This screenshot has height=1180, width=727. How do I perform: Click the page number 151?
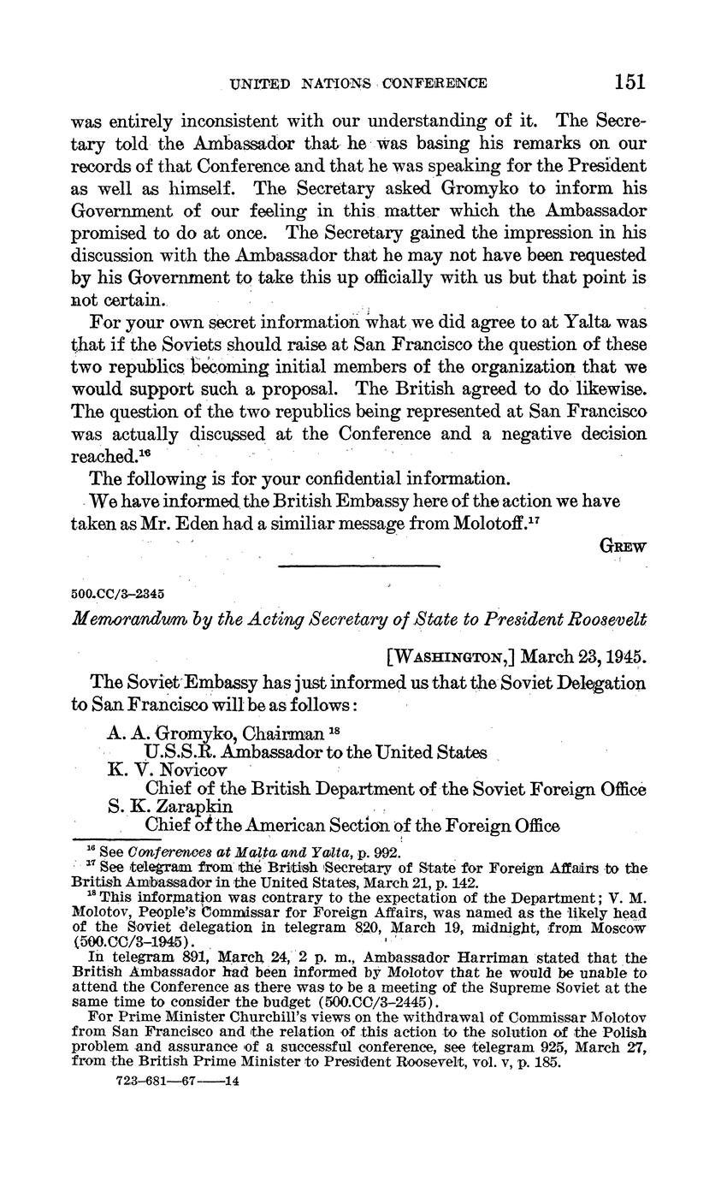[x=629, y=82]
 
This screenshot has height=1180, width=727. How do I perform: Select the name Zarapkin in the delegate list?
[x=195, y=806]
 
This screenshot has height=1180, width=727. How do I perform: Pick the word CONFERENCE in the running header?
[x=434, y=83]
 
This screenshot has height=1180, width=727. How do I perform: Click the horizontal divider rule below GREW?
[x=359, y=566]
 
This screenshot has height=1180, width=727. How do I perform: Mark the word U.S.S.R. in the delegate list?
[x=181, y=752]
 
